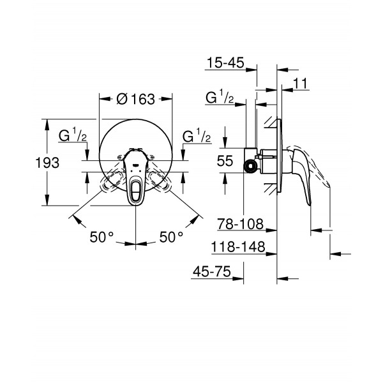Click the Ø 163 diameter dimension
tap(135, 99)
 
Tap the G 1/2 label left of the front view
tap(73, 137)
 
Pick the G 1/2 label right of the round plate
tap(197, 137)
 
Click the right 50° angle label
tap(170, 237)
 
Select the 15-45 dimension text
tap(227, 63)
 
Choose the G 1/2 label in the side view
tap(218, 98)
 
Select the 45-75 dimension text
tap(212, 272)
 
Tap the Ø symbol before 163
tap(121, 99)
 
